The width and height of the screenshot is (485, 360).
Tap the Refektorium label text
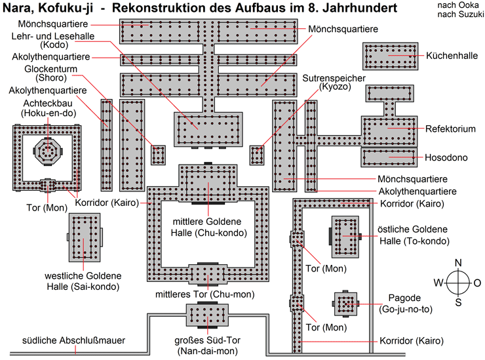450,129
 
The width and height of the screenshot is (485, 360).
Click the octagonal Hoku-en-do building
48,150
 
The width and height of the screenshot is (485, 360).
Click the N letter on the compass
458,262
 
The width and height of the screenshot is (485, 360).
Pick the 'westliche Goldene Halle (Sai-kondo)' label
82,281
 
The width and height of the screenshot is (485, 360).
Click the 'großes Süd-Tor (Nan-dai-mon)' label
207,346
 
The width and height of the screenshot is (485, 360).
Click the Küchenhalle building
389,57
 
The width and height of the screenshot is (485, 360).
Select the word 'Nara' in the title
20,9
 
